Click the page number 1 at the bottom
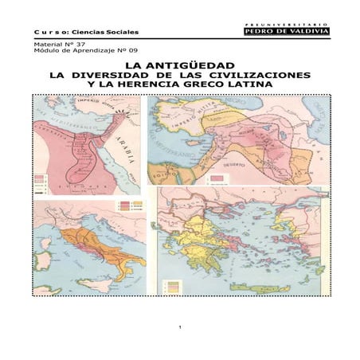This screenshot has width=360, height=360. click(180, 328)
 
